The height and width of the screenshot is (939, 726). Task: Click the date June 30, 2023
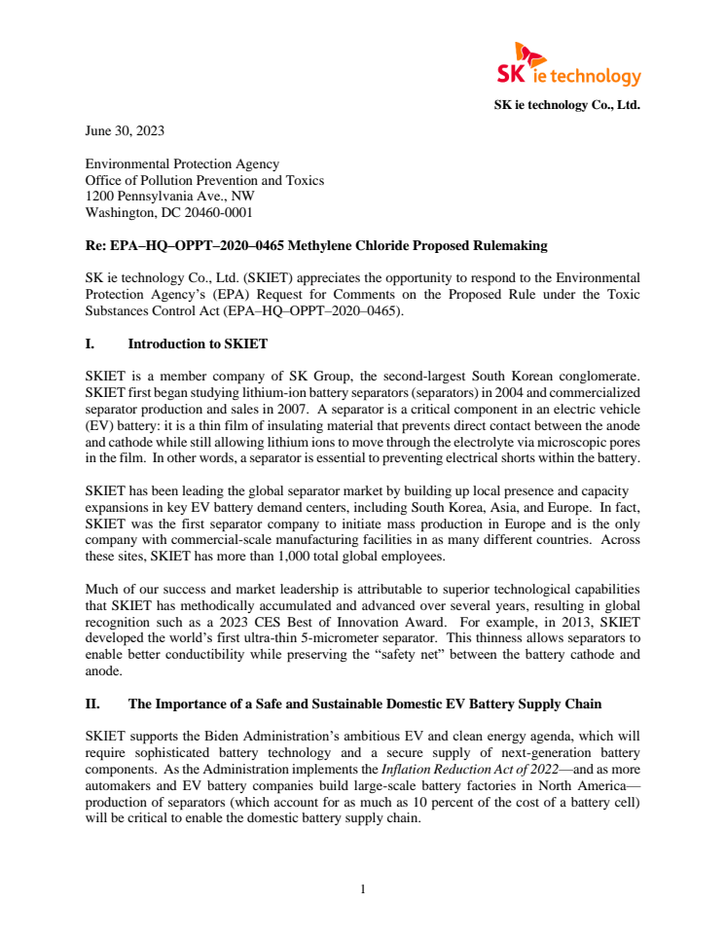pos(125,129)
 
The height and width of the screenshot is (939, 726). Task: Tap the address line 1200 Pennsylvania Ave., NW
pos(169,196)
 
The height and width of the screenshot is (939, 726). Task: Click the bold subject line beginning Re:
pos(316,245)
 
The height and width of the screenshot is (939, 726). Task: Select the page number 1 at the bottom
pos(362,887)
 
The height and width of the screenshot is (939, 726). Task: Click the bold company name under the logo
pos(566,104)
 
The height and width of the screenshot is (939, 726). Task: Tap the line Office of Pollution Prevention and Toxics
pos(204,180)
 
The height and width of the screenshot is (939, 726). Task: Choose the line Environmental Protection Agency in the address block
pos(182,164)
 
